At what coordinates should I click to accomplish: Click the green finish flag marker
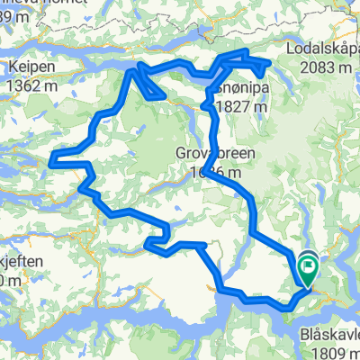point(309,265)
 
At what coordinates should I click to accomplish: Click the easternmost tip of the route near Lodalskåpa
point(269,63)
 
